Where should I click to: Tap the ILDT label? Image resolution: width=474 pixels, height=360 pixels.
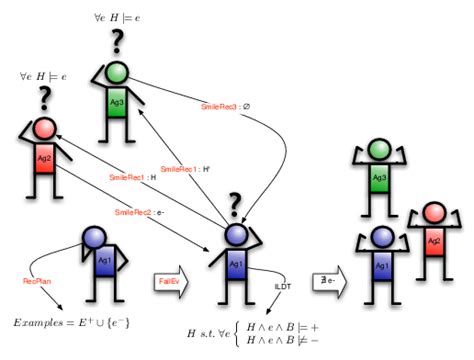(283, 286)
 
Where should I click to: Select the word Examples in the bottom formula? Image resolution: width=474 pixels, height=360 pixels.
(37, 322)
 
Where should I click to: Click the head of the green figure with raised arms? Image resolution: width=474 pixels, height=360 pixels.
(379, 151)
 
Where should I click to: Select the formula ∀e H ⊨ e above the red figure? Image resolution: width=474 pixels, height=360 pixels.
(43, 76)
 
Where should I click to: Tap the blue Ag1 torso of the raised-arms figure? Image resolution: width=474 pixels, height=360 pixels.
(379, 269)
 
